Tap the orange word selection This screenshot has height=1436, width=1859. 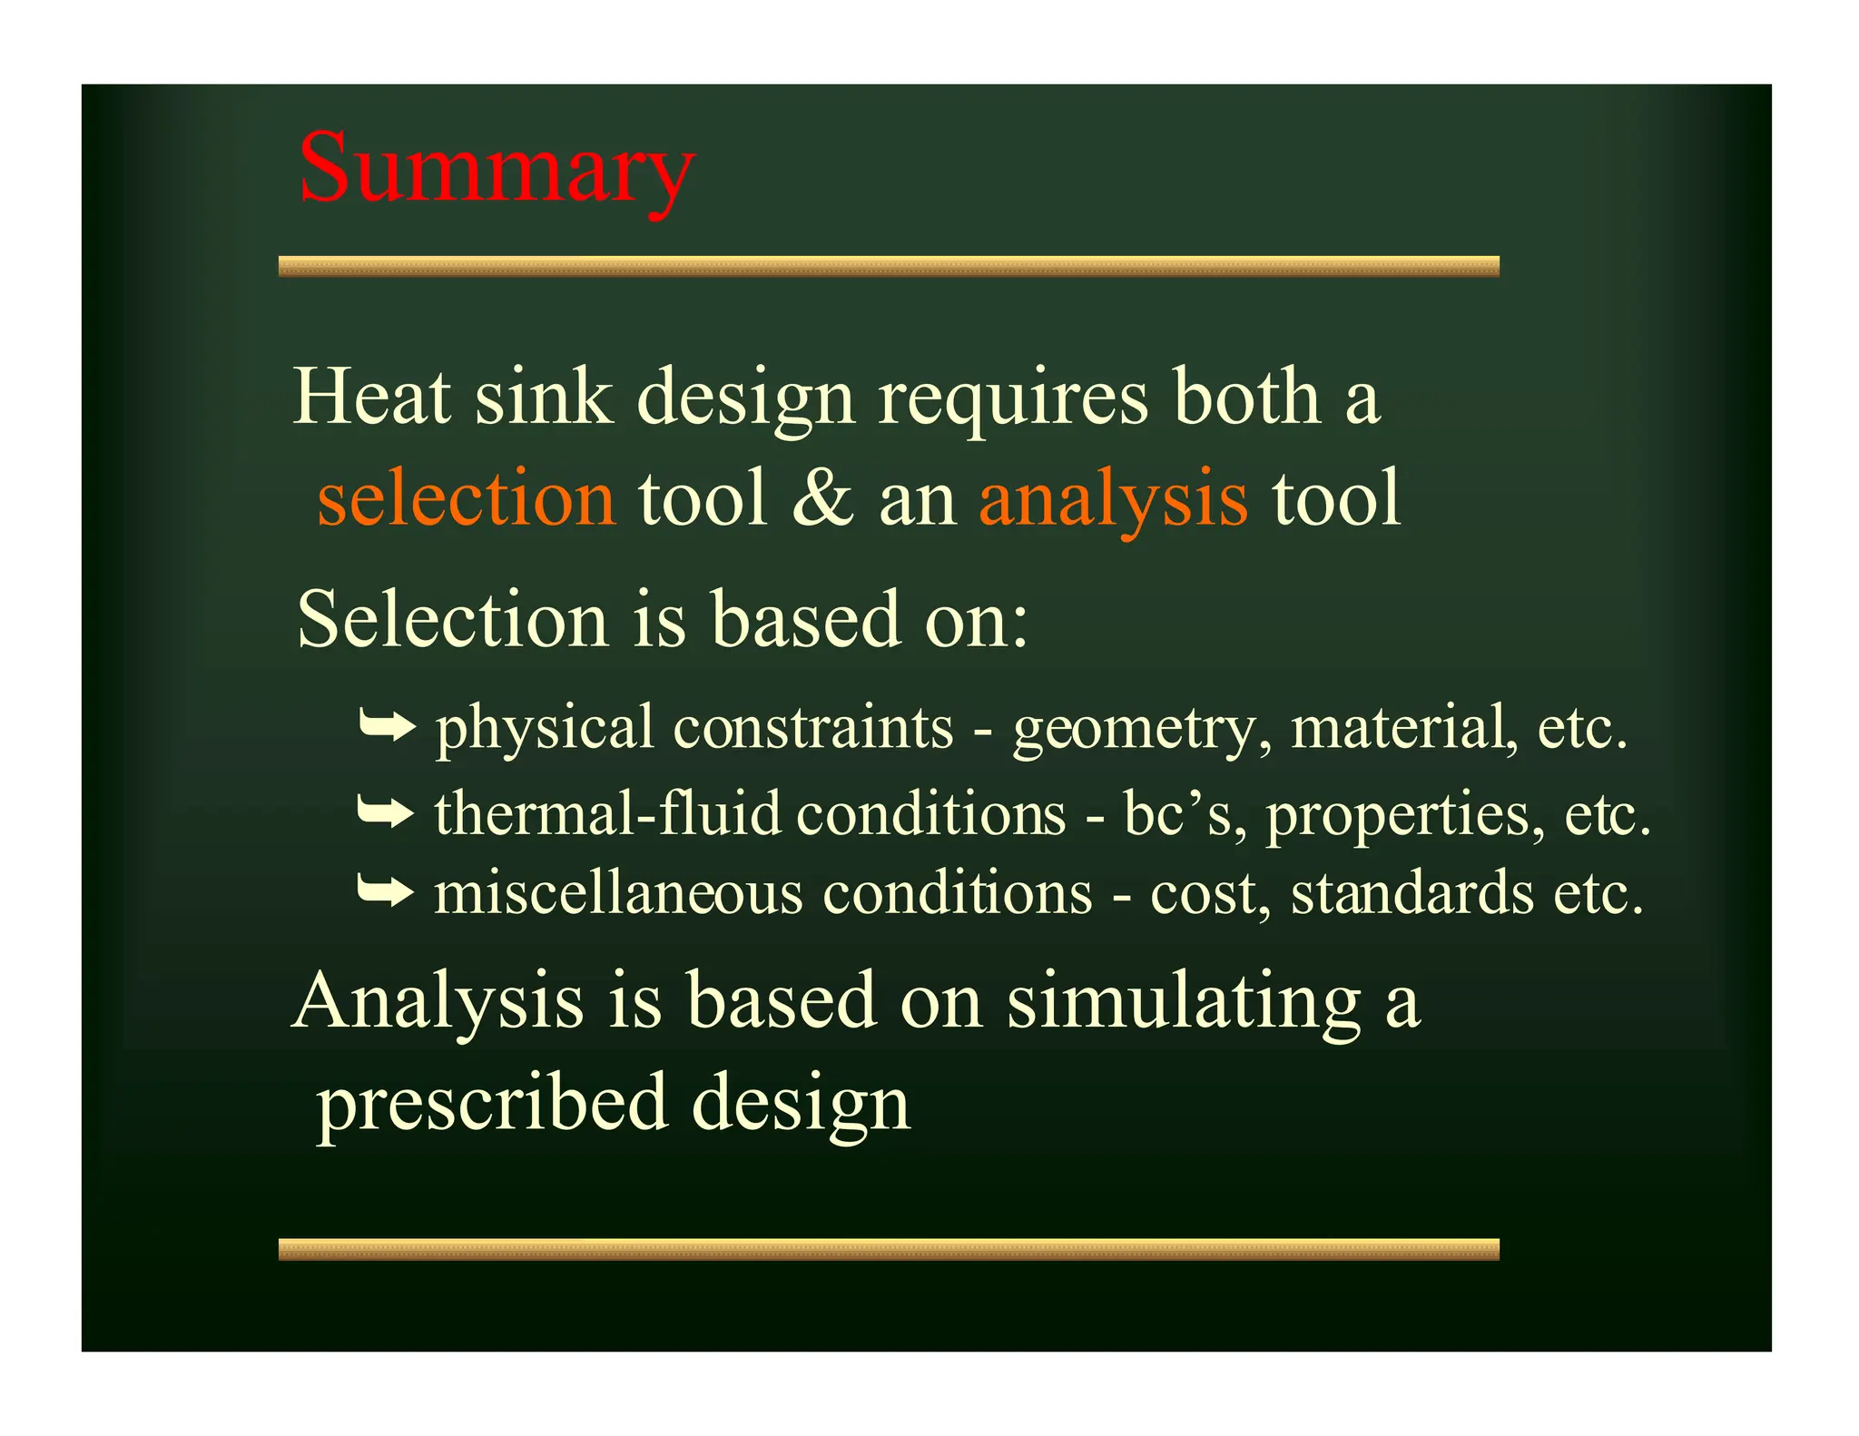(x=467, y=498)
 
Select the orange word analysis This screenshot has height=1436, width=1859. (x=1113, y=498)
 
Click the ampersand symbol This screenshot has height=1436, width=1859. (x=822, y=498)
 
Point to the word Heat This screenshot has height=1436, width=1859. (x=372, y=397)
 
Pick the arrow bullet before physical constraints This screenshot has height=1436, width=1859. (x=387, y=727)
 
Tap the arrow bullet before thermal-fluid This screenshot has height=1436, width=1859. (x=385, y=812)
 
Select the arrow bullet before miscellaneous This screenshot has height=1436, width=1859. (x=385, y=892)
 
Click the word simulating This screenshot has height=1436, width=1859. (x=1184, y=1003)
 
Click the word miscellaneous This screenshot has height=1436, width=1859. (x=618, y=892)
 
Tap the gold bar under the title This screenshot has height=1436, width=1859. (x=888, y=266)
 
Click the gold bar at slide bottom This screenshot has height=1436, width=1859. (x=888, y=1249)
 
